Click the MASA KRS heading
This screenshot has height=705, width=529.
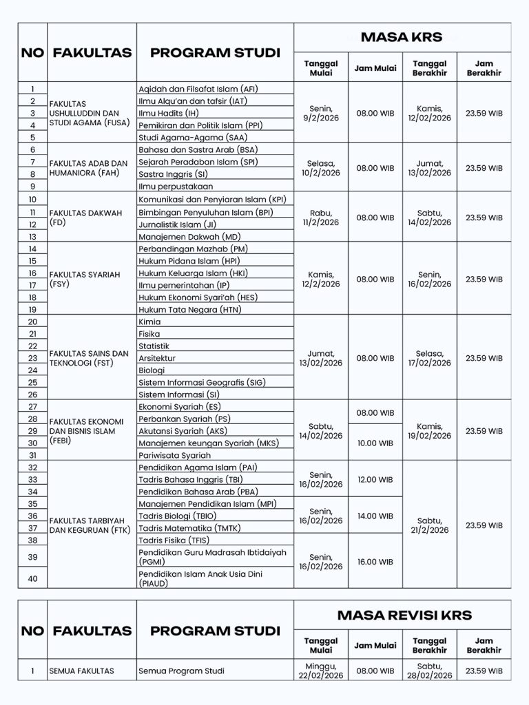click(402, 36)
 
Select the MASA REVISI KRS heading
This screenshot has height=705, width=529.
click(402, 614)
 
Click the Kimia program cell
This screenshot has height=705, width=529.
click(149, 322)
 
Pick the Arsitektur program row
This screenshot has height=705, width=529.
click(157, 358)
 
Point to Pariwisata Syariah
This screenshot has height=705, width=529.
click(174, 455)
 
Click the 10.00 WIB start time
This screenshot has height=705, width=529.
click(375, 443)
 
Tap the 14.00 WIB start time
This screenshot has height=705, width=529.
click(375, 516)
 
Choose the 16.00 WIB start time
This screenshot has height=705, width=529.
click(375, 562)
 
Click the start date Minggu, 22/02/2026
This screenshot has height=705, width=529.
click(321, 671)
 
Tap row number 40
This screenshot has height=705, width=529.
click(32, 578)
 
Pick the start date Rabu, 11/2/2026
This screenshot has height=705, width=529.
click(321, 218)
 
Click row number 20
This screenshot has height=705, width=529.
click(32, 322)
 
